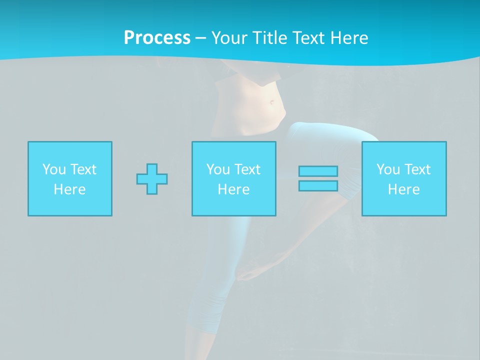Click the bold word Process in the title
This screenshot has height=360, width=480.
(x=157, y=38)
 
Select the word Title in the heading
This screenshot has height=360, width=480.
(x=270, y=38)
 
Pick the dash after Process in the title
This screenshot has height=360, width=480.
(x=201, y=38)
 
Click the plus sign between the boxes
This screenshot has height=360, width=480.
(x=152, y=178)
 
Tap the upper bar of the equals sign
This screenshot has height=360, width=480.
(x=318, y=171)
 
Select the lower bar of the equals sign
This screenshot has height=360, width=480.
(x=318, y=185)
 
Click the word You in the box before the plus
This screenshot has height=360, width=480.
(x=54, y=169)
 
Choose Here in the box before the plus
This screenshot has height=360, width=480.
(x=69, y=189)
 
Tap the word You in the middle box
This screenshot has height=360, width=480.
(x=218, y=169)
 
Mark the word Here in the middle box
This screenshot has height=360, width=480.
(x=233, y=189)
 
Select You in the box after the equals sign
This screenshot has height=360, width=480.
(x=388, y=169)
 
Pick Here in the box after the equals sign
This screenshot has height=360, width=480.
(x=403, y=189)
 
